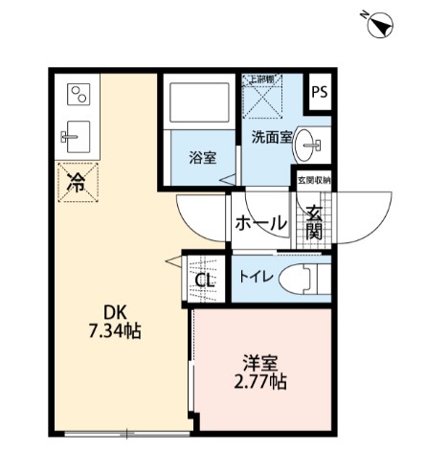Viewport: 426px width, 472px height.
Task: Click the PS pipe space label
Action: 319,94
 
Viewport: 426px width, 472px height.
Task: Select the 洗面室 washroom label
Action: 272,138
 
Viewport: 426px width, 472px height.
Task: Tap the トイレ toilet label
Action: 258,278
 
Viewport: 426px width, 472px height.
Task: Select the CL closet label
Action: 204,281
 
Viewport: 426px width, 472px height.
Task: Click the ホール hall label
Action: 261,223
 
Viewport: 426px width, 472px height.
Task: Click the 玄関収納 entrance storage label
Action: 313,179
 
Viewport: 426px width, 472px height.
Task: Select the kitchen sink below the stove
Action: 76,135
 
